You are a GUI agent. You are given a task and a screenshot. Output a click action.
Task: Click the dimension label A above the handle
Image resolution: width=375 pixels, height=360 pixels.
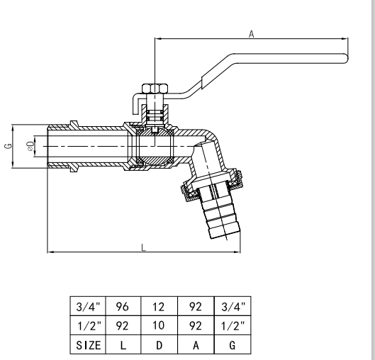(251, 33)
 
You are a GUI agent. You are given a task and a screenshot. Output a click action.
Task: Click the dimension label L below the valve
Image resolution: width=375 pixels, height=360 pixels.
(143, 247)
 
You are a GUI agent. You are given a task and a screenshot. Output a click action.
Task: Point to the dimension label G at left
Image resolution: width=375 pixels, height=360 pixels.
(8, 147)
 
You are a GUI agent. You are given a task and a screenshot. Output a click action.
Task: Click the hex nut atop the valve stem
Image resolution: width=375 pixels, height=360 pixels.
(154, 89)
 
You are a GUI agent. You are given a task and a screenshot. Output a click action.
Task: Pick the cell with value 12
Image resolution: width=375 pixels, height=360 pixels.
(159, 308)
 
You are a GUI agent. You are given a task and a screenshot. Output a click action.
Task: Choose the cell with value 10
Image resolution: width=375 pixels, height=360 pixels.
(159, 327)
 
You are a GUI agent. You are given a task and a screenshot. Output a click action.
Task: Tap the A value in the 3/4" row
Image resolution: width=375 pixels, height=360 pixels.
(195, 308)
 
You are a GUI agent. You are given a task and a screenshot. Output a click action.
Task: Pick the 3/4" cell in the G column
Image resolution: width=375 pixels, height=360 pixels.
(231, 308)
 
